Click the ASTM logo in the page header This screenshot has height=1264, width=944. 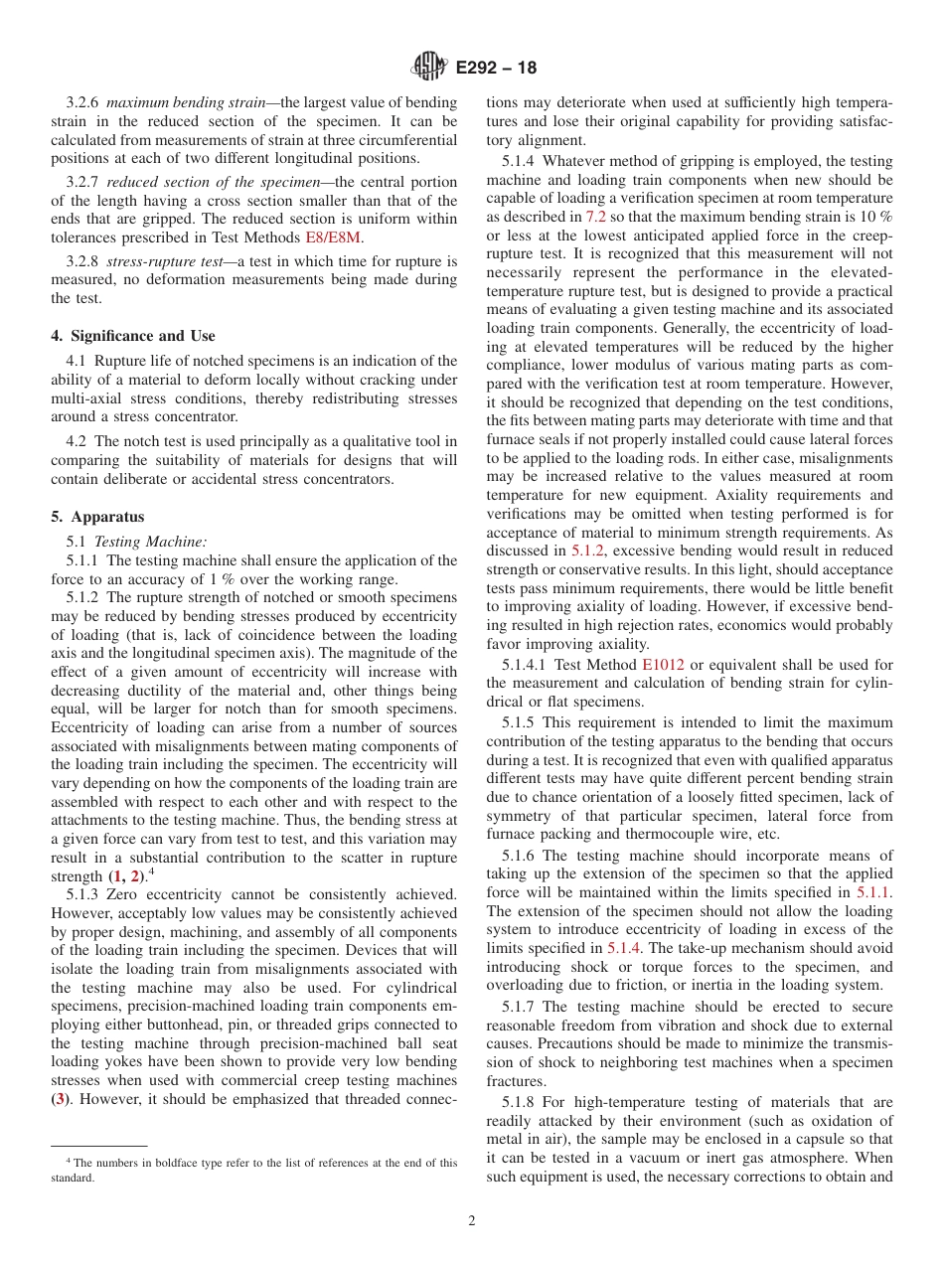pyautogui.click(x=428, y=68)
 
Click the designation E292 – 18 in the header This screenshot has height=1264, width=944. pyautogui.click(x=496, y=68)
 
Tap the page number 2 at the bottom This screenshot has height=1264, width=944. pyautogui.click(x=472, y=1220)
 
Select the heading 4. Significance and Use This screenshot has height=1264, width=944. pyautogui.click(x=133, y=336)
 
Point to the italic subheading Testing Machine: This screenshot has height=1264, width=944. pyautogui.click(x=150, y=542)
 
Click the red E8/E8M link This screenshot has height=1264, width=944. pyautogui.click(x=333, y=237)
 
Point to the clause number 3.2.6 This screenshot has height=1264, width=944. pyautogui.click(x=83, y=102)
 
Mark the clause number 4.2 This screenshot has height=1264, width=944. pyautogui.click(x=78, y=441)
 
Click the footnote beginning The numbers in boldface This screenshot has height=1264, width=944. pyautogui.click(x=253, y=1170)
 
